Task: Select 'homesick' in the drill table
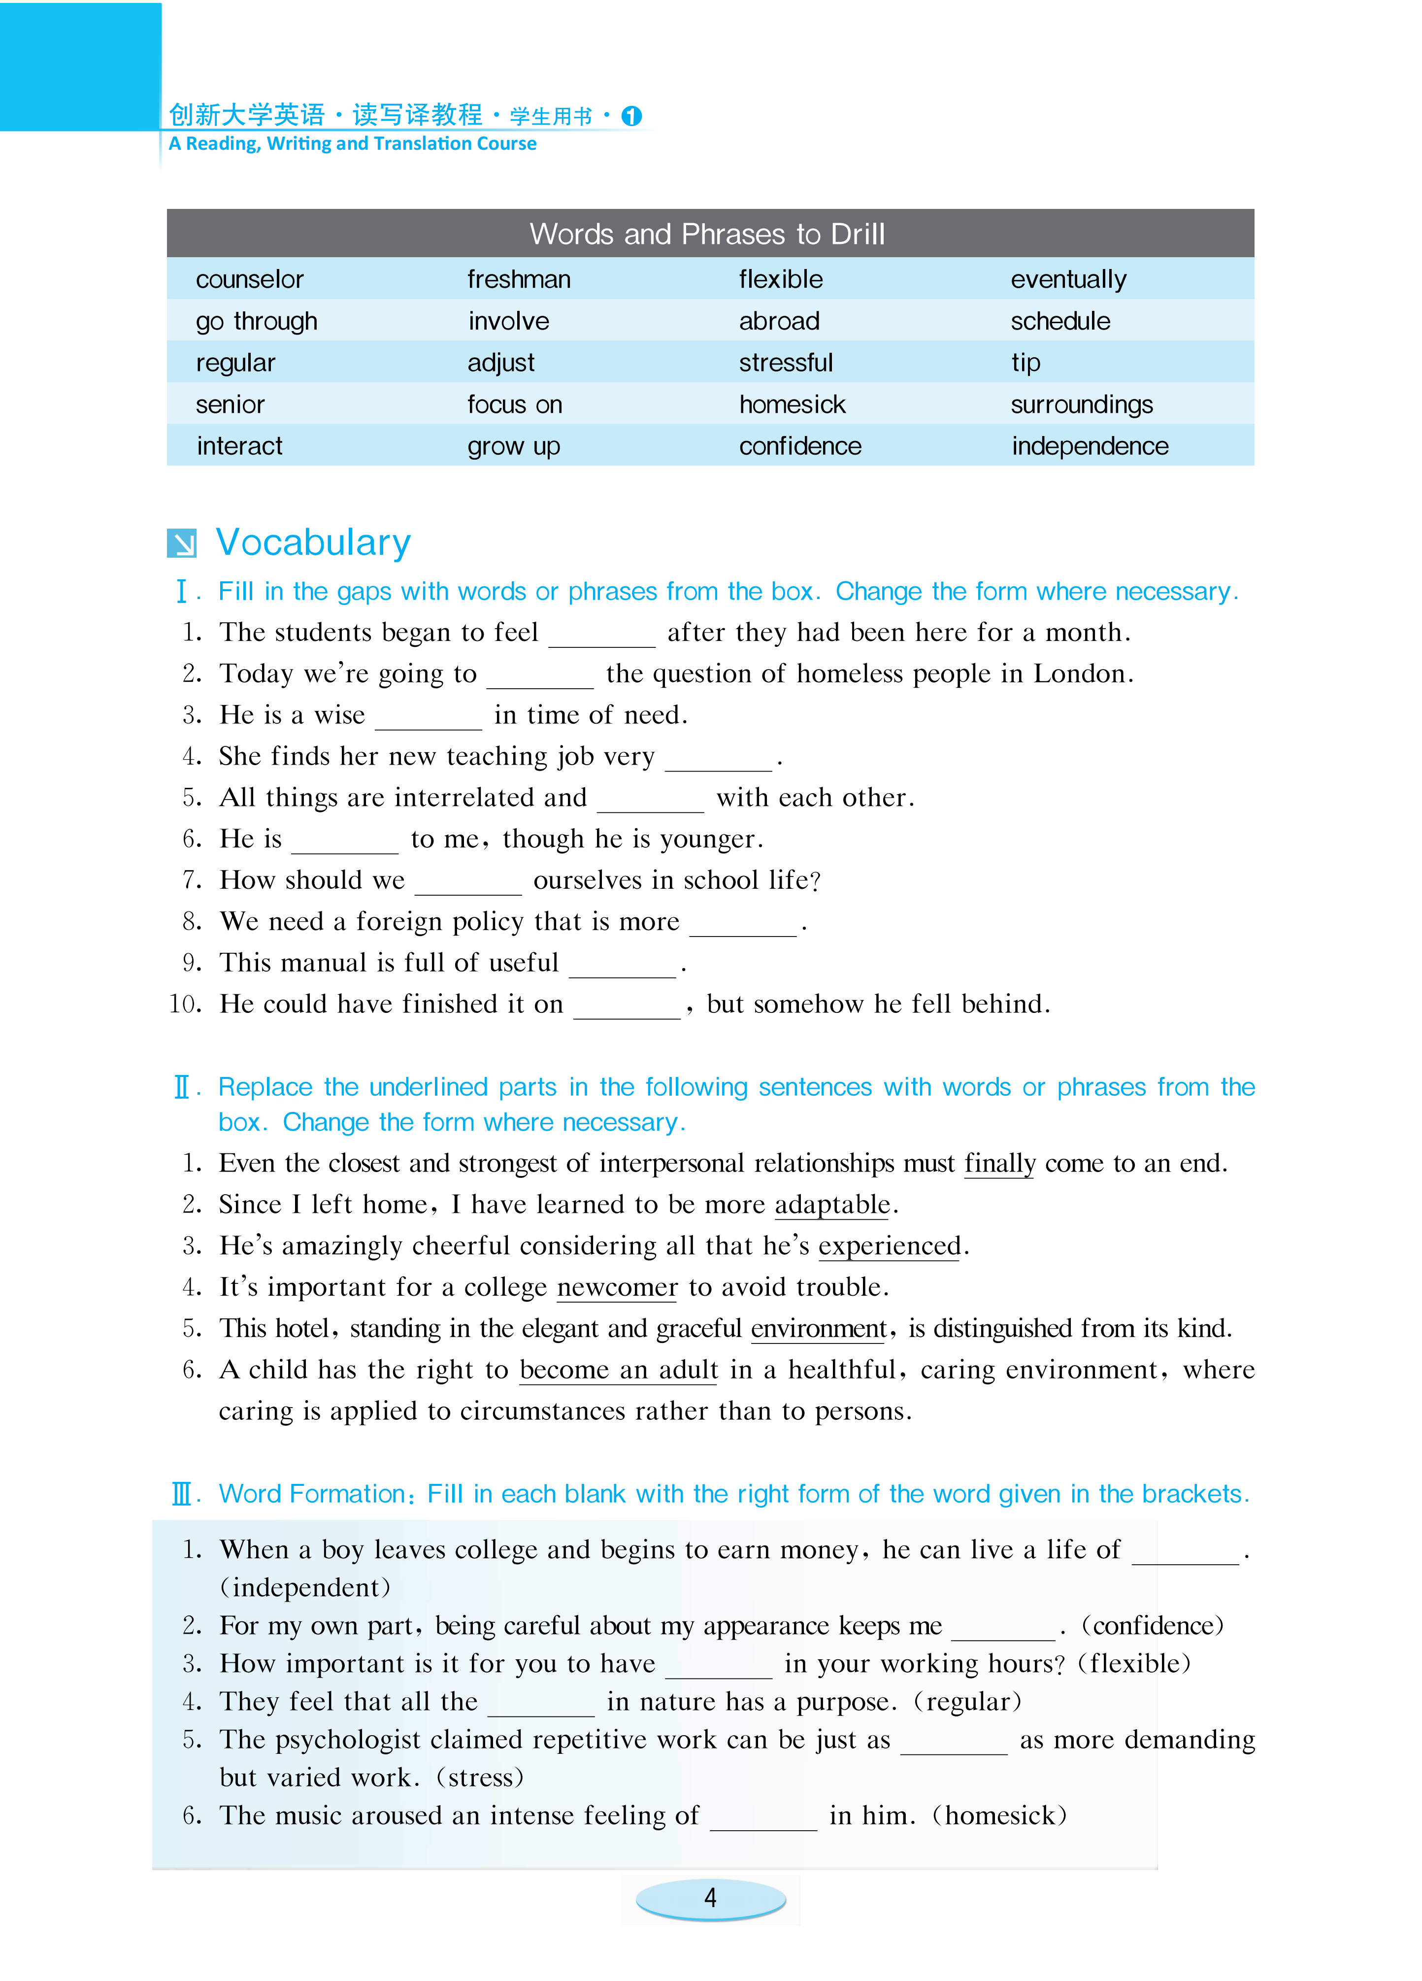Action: tap(792, 404)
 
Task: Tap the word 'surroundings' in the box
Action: tap(1081, 404)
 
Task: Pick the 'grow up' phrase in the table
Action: tap(514, 446)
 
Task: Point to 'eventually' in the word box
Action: tap(1068, 279)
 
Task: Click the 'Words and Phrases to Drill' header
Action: tap(707, 234)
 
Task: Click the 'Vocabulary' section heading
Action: tap(313, 542)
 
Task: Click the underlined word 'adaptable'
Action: tap(831, 1205)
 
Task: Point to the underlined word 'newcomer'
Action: tap(617, 1287)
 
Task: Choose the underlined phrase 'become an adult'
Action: tap(619, 1370)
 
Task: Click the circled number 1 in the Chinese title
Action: tap(631, 116)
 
